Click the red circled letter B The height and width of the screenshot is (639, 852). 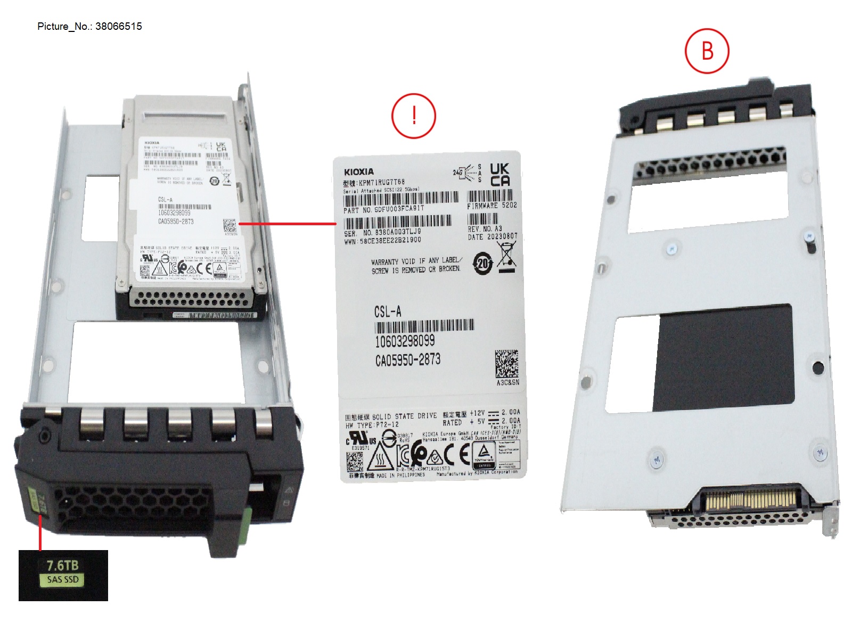pyautogui.click(x=707, y=51)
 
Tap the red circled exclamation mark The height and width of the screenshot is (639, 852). pyautogui.click(x=414, y=116)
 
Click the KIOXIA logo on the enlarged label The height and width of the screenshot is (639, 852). pyautogui.click(x=358, y=171)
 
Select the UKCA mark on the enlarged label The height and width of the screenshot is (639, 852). pyautogui.click(x=499, y=175)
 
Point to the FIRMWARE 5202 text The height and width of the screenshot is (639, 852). pyautogui.click(x=491, y=205)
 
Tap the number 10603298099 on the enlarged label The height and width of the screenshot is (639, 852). pyautogui.click(x=405, y=341)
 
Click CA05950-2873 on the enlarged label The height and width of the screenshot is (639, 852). pyautogui.click(x=408, y=360)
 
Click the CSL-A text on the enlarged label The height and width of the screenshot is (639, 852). pyautogui.click(x=388, y=312)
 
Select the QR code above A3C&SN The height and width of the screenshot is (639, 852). pyautogui.click(x=506, y=364)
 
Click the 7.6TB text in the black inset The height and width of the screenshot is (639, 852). pyautogui.click(x=62, y=565)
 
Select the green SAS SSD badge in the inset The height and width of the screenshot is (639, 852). pyautogui.click(x=63, y=579)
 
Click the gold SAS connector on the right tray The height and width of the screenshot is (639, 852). pyautogui.click(x=751, y=501)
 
